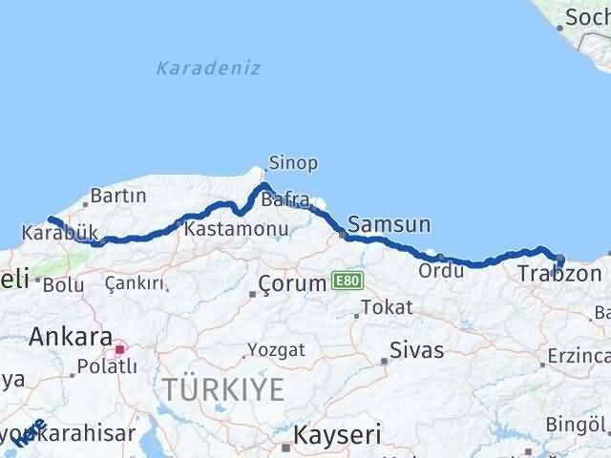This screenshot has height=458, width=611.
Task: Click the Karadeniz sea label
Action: [208, 68]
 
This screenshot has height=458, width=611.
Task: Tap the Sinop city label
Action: [293, 163]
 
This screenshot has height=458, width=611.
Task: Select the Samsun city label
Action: [389, 225]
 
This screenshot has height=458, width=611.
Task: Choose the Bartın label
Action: [118, 197]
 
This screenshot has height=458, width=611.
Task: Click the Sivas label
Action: [417, 350]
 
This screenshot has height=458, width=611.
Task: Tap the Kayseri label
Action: [337, 435]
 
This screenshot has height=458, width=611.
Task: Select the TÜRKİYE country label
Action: [223, 388]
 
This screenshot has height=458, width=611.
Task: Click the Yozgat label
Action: [277, 349]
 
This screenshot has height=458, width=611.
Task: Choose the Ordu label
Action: [440, 270]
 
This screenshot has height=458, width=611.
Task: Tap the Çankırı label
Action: [137, 283]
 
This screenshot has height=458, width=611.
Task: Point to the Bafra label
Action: [285, 200]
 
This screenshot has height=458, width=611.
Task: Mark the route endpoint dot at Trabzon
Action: [559, 260]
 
